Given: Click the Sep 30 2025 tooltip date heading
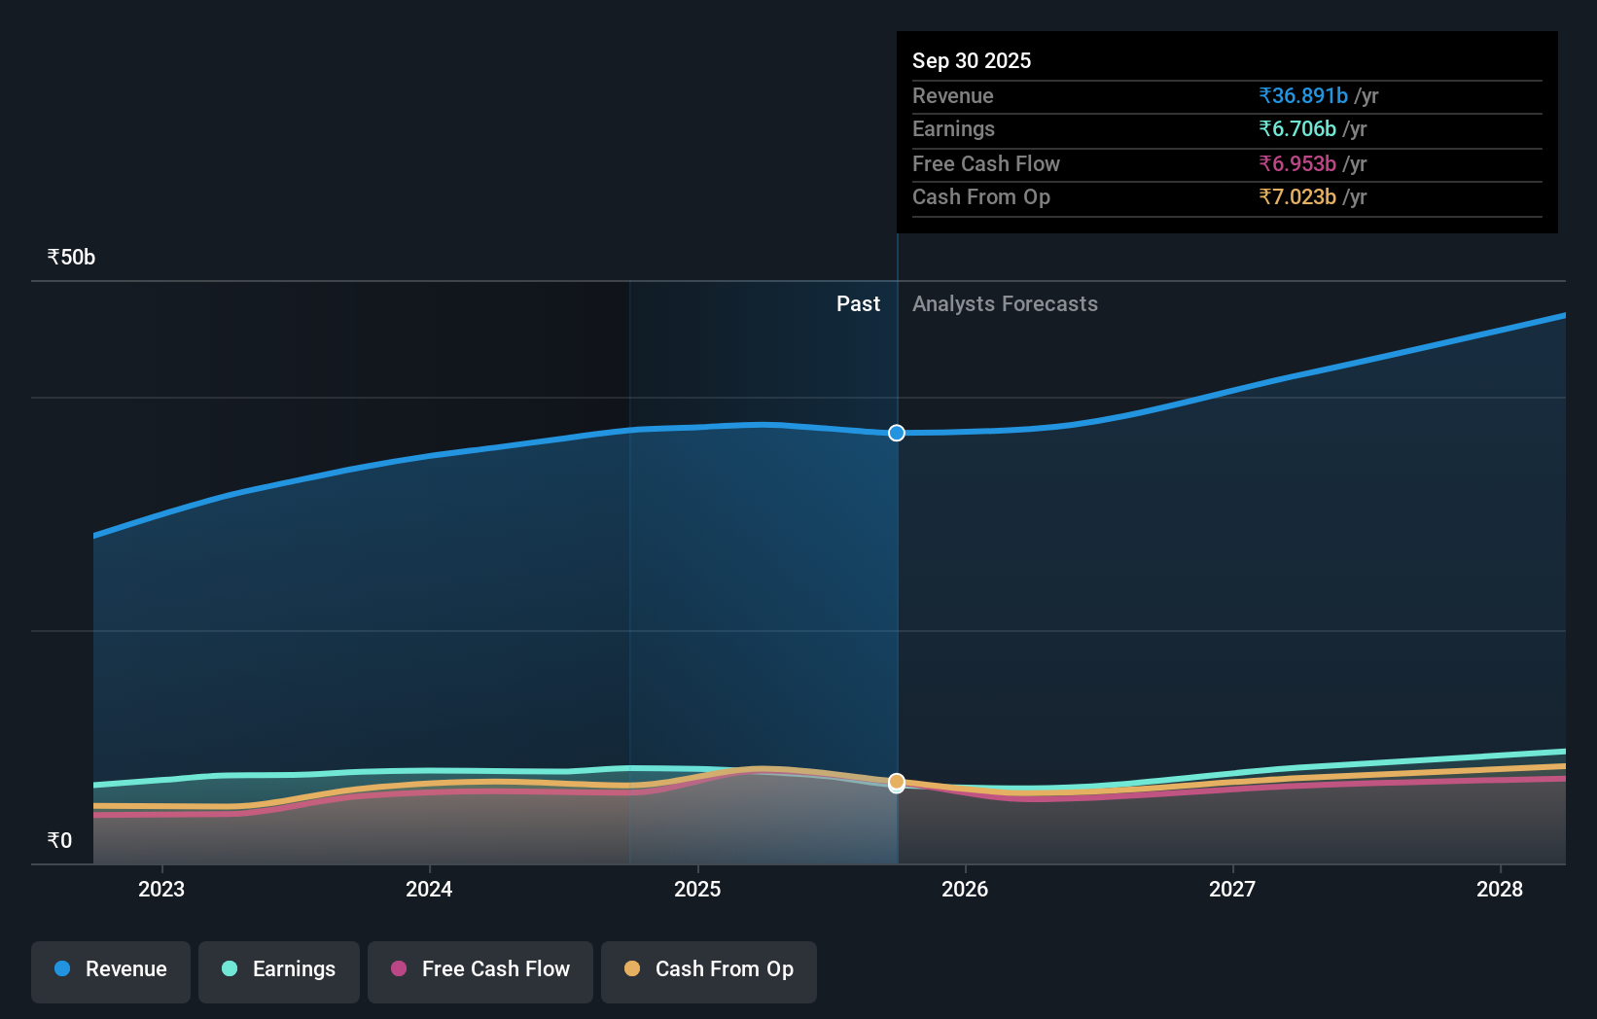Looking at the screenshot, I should [971, 60].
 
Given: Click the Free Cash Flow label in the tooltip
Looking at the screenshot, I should [985, 163].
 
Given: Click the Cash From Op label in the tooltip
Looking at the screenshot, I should [980, 196].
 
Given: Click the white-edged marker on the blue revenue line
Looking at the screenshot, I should [897, 433].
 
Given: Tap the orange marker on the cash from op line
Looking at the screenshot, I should [897, 782].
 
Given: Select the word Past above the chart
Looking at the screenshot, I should [858, 303].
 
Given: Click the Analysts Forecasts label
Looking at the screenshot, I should [1005, 303].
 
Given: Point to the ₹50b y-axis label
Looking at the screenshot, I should [71, 257].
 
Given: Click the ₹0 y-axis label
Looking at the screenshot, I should [59, 840].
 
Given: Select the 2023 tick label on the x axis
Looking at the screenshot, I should [161, 889].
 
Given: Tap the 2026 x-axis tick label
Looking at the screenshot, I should [965, 889].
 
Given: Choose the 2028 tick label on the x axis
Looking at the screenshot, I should [1500, 889].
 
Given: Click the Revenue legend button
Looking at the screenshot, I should [111, 970].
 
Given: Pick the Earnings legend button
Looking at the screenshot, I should [279, 970].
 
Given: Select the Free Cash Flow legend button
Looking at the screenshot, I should [480, 970].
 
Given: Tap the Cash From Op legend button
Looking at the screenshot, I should [709, 970].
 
